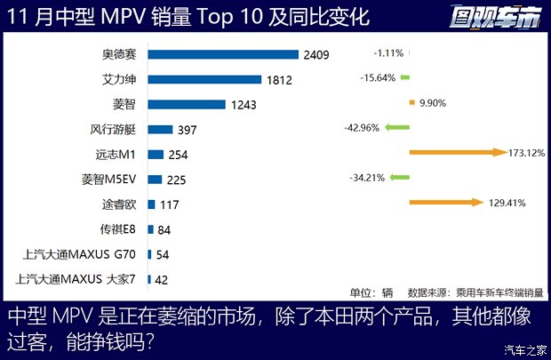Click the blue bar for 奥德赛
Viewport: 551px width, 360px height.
(222, 55)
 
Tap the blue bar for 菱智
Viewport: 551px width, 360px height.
(187, 104)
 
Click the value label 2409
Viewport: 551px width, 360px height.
(316, 55)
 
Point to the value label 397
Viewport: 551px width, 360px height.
(187, 130)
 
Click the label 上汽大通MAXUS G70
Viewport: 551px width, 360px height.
(81, 254)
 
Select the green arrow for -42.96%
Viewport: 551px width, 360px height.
(396, 128)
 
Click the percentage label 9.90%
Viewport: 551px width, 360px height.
(431, 103)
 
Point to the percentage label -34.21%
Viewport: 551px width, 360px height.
(367, 178)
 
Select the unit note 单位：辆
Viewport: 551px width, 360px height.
(371, 292)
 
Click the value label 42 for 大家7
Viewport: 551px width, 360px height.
(162, 279)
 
